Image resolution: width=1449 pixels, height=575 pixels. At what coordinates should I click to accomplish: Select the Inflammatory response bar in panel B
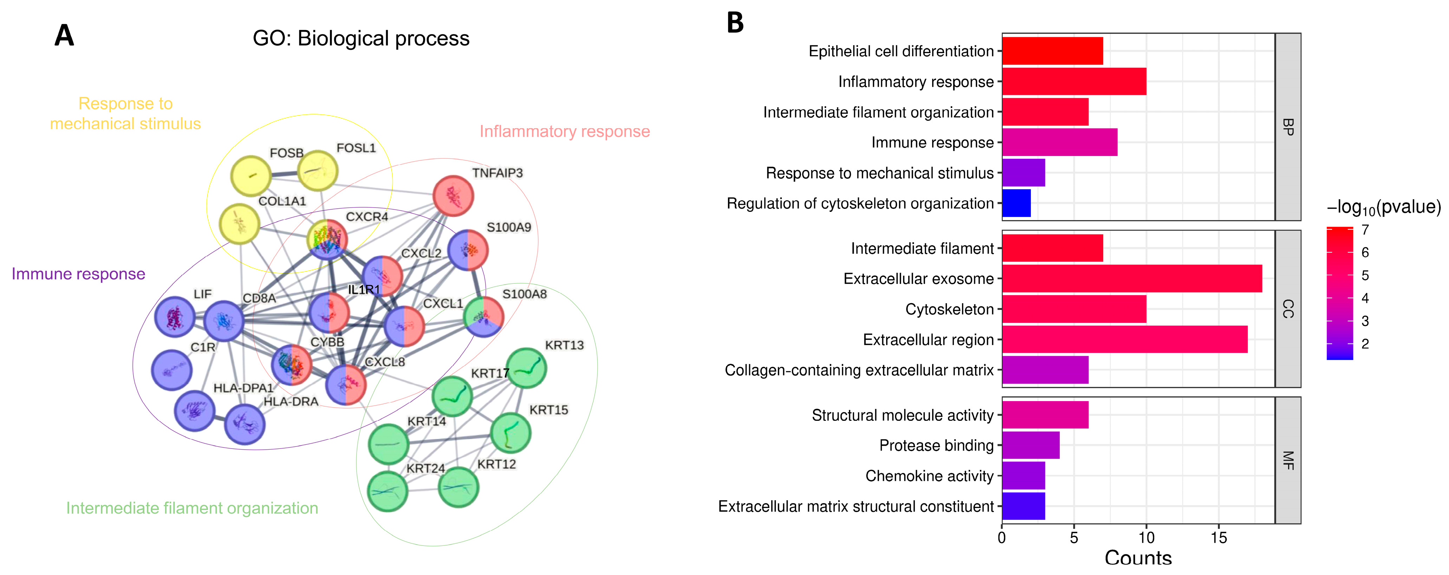point(1074,81)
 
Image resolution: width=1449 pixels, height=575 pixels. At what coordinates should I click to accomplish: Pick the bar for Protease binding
point(1031,445)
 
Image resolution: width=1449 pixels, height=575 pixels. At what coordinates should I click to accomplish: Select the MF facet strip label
point(1288,460)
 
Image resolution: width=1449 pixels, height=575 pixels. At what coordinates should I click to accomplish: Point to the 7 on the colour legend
point(1365,230)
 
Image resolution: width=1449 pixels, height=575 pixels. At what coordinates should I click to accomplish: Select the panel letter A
point(64,36)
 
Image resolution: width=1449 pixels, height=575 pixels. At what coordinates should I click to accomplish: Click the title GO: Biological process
point(360,39)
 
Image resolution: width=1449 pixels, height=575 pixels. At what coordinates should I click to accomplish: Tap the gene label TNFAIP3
point(497,173)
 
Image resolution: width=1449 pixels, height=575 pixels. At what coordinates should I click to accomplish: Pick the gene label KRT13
point(564,345)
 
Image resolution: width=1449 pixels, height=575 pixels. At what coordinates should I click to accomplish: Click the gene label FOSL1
point(356,148)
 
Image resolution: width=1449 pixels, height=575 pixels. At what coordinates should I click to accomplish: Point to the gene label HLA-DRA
point(291,401)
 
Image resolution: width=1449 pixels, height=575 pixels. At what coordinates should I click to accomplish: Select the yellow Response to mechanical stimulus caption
point(125,113)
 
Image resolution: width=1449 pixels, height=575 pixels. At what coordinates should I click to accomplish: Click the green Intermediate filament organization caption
point(192,508)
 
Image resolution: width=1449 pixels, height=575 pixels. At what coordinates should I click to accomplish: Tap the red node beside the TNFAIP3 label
point(453,196)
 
